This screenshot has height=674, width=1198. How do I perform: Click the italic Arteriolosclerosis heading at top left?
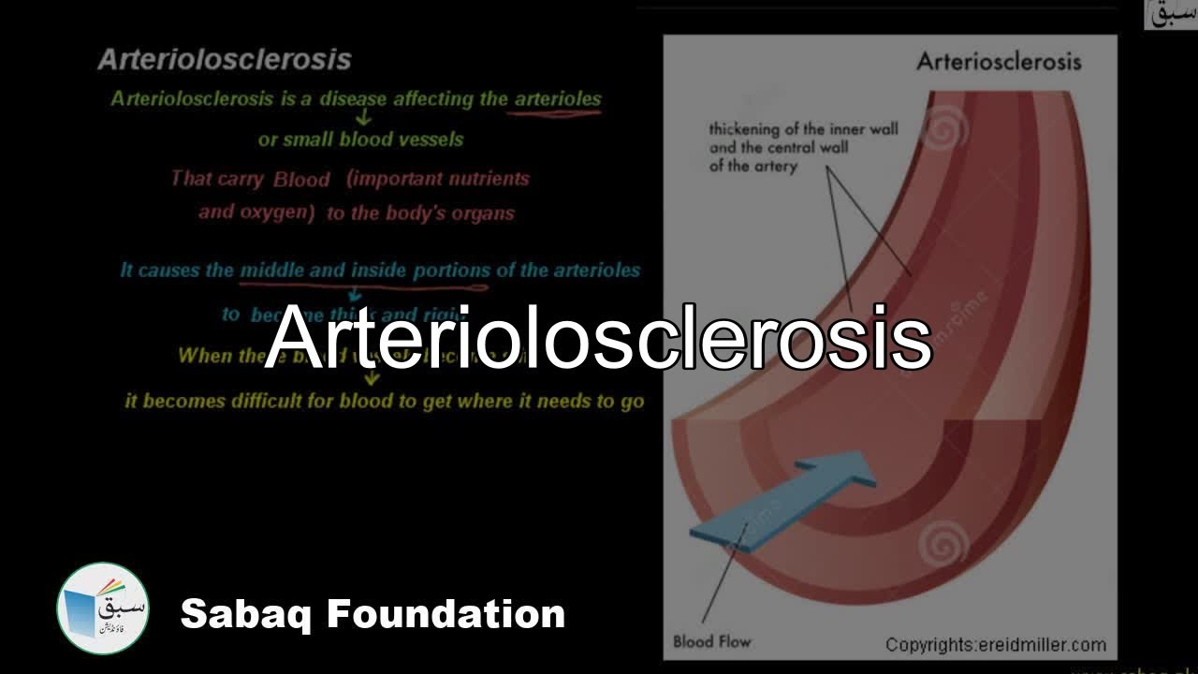tap(225, 60)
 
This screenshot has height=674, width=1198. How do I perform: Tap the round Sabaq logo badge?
tap(103, 608)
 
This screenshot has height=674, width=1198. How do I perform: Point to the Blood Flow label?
tap(711, 642)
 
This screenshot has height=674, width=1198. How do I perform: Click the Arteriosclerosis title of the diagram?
tap(999, 62)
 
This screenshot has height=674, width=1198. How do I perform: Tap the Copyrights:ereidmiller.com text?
tap(996, 645)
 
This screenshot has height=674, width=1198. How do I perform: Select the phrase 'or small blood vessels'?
tap(360, 139)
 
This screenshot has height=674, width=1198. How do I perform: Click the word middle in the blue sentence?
tap(271, 271)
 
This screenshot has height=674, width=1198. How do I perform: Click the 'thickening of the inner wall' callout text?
tap(802, 130)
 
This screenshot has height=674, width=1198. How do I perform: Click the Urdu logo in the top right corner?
tap(1170, 14)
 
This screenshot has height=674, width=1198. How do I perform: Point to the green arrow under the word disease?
tap(364, 118)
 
